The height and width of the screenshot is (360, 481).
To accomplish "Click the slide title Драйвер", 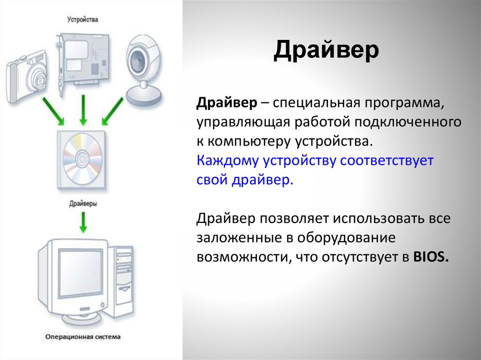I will click(x=326, y=51).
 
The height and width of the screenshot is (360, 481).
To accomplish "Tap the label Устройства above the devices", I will click(x=82, y=20).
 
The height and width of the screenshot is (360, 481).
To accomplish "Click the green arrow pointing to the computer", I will click(x=83, y=222).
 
